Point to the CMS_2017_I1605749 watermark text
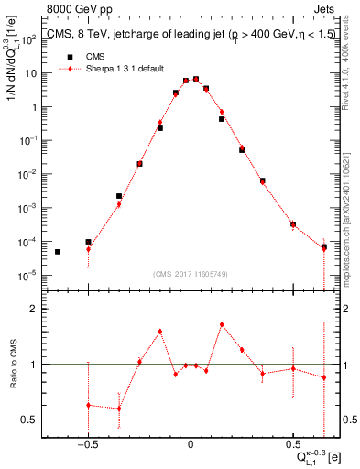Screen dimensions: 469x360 pyautogui.click(x=191, y=274)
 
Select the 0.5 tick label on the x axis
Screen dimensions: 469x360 pyautogui.click(x=293, y=438)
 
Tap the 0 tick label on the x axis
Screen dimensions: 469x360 pyautogui.click(x=191, y=438)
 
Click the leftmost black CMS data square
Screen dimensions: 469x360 pyautogui.click(x=58, y=252)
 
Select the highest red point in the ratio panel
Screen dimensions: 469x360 pyautogui.click(x=222, y=324)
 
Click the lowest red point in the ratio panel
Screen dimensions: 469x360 pyautogui.click(x=119, y=409)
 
